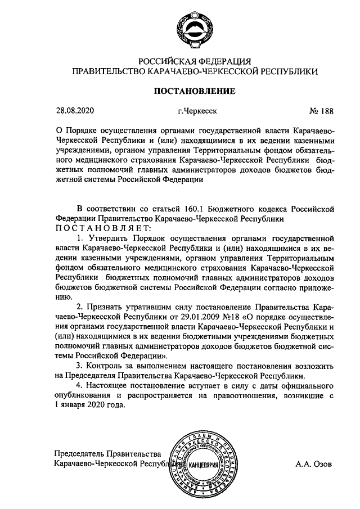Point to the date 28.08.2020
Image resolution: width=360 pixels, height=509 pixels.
(x=73, y=111)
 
